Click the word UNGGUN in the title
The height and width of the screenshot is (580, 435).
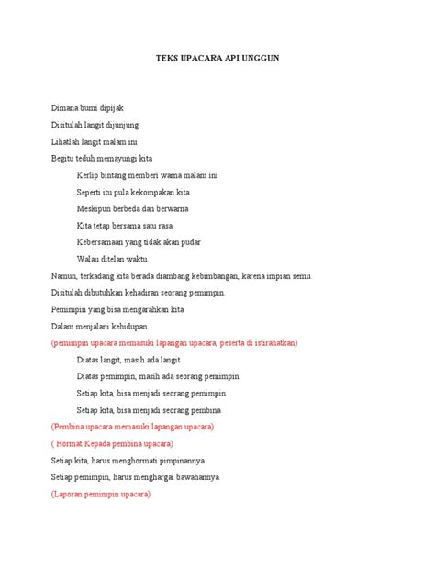pos(261,58)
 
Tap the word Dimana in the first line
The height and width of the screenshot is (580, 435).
pos(66,108)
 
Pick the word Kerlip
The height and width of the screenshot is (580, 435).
pos(89,174)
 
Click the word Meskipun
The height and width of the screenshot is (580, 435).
pos(95,208)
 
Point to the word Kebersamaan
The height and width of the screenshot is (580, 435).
pos(104,241)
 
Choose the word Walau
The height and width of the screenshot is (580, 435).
pos(89,258)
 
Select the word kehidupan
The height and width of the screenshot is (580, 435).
pos(140,326)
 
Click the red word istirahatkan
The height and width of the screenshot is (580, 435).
pos(271,342)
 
